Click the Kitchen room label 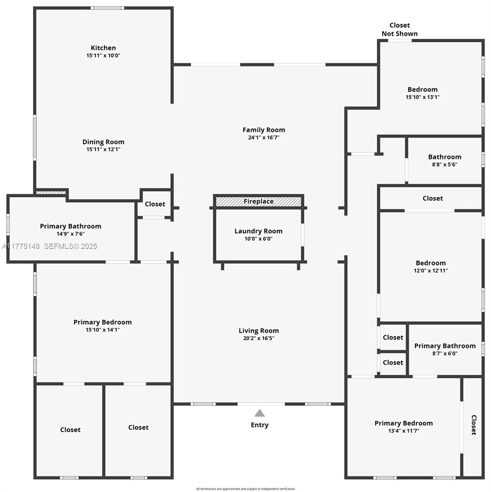(103, 48)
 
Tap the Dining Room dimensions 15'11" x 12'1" (103, 150)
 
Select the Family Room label (263, 130)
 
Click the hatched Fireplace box (258, 201)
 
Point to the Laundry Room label (258, 231)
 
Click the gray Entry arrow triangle (260, 413)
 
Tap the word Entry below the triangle (260, 425)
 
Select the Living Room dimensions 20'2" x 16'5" (258, 339)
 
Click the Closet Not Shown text (400, 30)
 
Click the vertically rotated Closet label (473, 425)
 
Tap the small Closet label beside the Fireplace (155, 204)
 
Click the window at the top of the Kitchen (107, 8)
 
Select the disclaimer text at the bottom (245, 489)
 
